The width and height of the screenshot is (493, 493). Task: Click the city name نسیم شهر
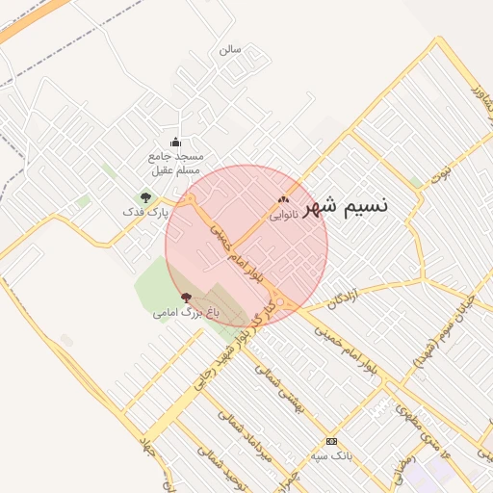click(346, 207)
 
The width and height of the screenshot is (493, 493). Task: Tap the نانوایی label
click(283, 216)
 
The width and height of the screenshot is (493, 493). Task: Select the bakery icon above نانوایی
click(283, 199)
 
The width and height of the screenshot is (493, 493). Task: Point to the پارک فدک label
click(145, 211)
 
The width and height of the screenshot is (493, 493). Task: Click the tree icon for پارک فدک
click(145, 196)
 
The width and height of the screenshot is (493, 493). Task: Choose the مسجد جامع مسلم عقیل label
click(174, 163)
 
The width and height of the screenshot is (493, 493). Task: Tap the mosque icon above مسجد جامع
click(175, 143)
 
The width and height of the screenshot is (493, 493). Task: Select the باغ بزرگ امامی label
click(186, 313)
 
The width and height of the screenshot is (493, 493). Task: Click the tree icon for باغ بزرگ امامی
click(186, 298)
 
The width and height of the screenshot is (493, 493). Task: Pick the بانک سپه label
click(331, 455)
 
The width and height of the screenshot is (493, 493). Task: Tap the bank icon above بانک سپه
click(331, 441)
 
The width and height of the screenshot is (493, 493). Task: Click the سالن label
click(230, 48)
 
